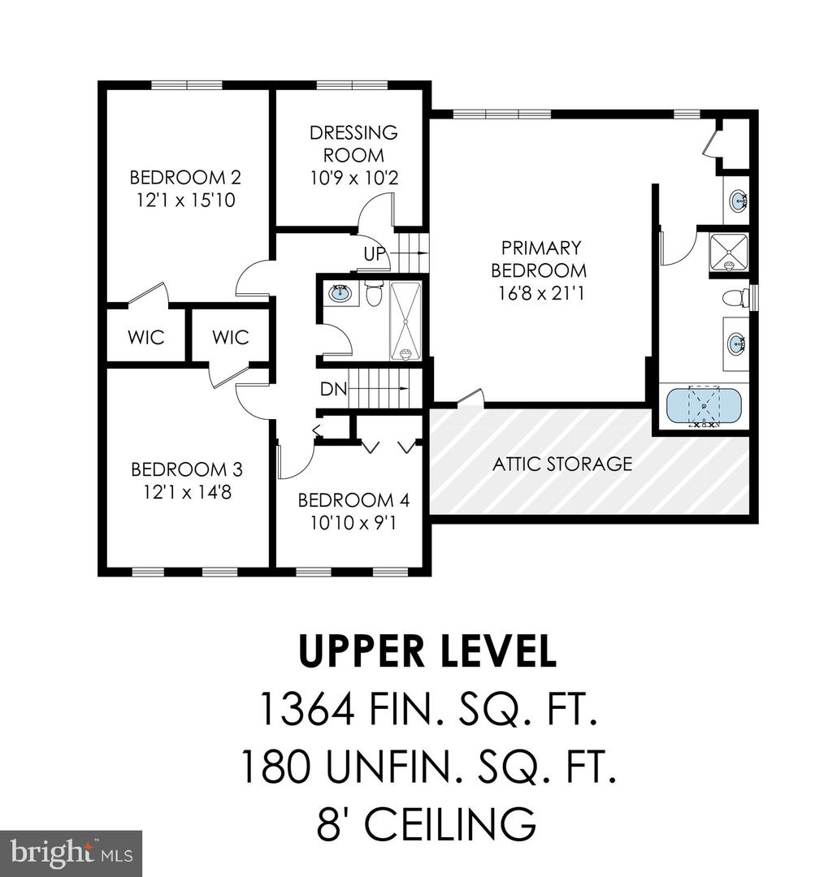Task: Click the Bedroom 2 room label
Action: pos(185,177)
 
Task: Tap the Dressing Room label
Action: pos(353,144)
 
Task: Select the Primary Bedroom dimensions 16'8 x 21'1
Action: pos(541,293)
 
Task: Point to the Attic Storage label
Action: pos(562,464)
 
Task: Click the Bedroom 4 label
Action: pos(353,499)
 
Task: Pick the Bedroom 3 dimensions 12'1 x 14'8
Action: pos(187,492)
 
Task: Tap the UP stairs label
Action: pos(375,254)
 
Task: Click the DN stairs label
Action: pos(334,389)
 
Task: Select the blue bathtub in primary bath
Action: pos(704,407)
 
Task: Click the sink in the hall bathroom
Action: pos(340,292)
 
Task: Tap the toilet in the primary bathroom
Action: pos(735,297)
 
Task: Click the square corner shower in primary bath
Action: pos(728,253)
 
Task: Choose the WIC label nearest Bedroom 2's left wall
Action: pos(145,337)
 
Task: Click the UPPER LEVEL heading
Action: pos(428,651)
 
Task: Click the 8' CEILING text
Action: pos(427,823)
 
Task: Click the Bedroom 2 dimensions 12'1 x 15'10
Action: pos(186,201)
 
